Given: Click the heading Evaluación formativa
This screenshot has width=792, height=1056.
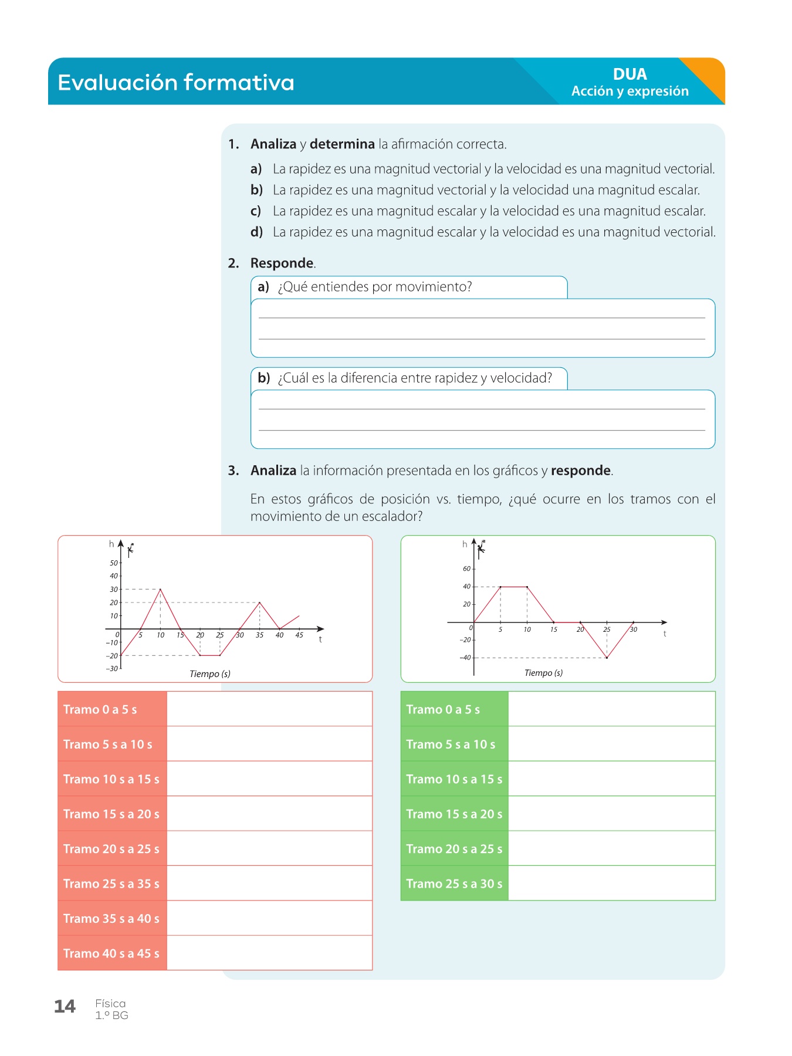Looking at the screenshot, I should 176,83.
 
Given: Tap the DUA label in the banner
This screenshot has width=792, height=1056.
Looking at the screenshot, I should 629,75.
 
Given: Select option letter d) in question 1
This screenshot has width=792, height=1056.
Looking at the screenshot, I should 256,232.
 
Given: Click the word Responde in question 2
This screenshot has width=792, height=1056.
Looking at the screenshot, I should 282,263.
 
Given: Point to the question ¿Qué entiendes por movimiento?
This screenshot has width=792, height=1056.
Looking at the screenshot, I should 375,287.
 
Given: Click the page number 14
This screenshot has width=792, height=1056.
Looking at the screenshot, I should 65,1007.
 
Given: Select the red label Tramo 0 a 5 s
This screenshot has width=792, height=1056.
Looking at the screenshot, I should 100,709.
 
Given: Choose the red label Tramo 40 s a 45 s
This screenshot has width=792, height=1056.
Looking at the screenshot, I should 111,953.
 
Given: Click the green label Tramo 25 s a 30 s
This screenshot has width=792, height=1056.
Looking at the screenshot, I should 454,884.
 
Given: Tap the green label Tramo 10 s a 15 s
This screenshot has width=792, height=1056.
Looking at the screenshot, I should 454,779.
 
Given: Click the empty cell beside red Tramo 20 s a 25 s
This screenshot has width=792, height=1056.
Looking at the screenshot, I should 269,848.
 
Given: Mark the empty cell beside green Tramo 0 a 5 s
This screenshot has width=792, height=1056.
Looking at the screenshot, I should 611,709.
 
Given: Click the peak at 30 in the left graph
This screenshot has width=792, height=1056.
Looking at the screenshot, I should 160,589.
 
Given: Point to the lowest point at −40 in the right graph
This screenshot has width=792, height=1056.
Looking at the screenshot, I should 607,658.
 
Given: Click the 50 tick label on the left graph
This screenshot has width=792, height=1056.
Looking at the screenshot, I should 113,563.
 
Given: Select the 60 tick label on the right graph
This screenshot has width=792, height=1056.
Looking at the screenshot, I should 466,568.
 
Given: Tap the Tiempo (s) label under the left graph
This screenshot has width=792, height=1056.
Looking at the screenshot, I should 209,674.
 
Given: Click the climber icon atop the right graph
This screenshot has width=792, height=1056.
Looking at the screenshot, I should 481,547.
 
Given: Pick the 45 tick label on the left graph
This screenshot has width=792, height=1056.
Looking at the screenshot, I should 299,635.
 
